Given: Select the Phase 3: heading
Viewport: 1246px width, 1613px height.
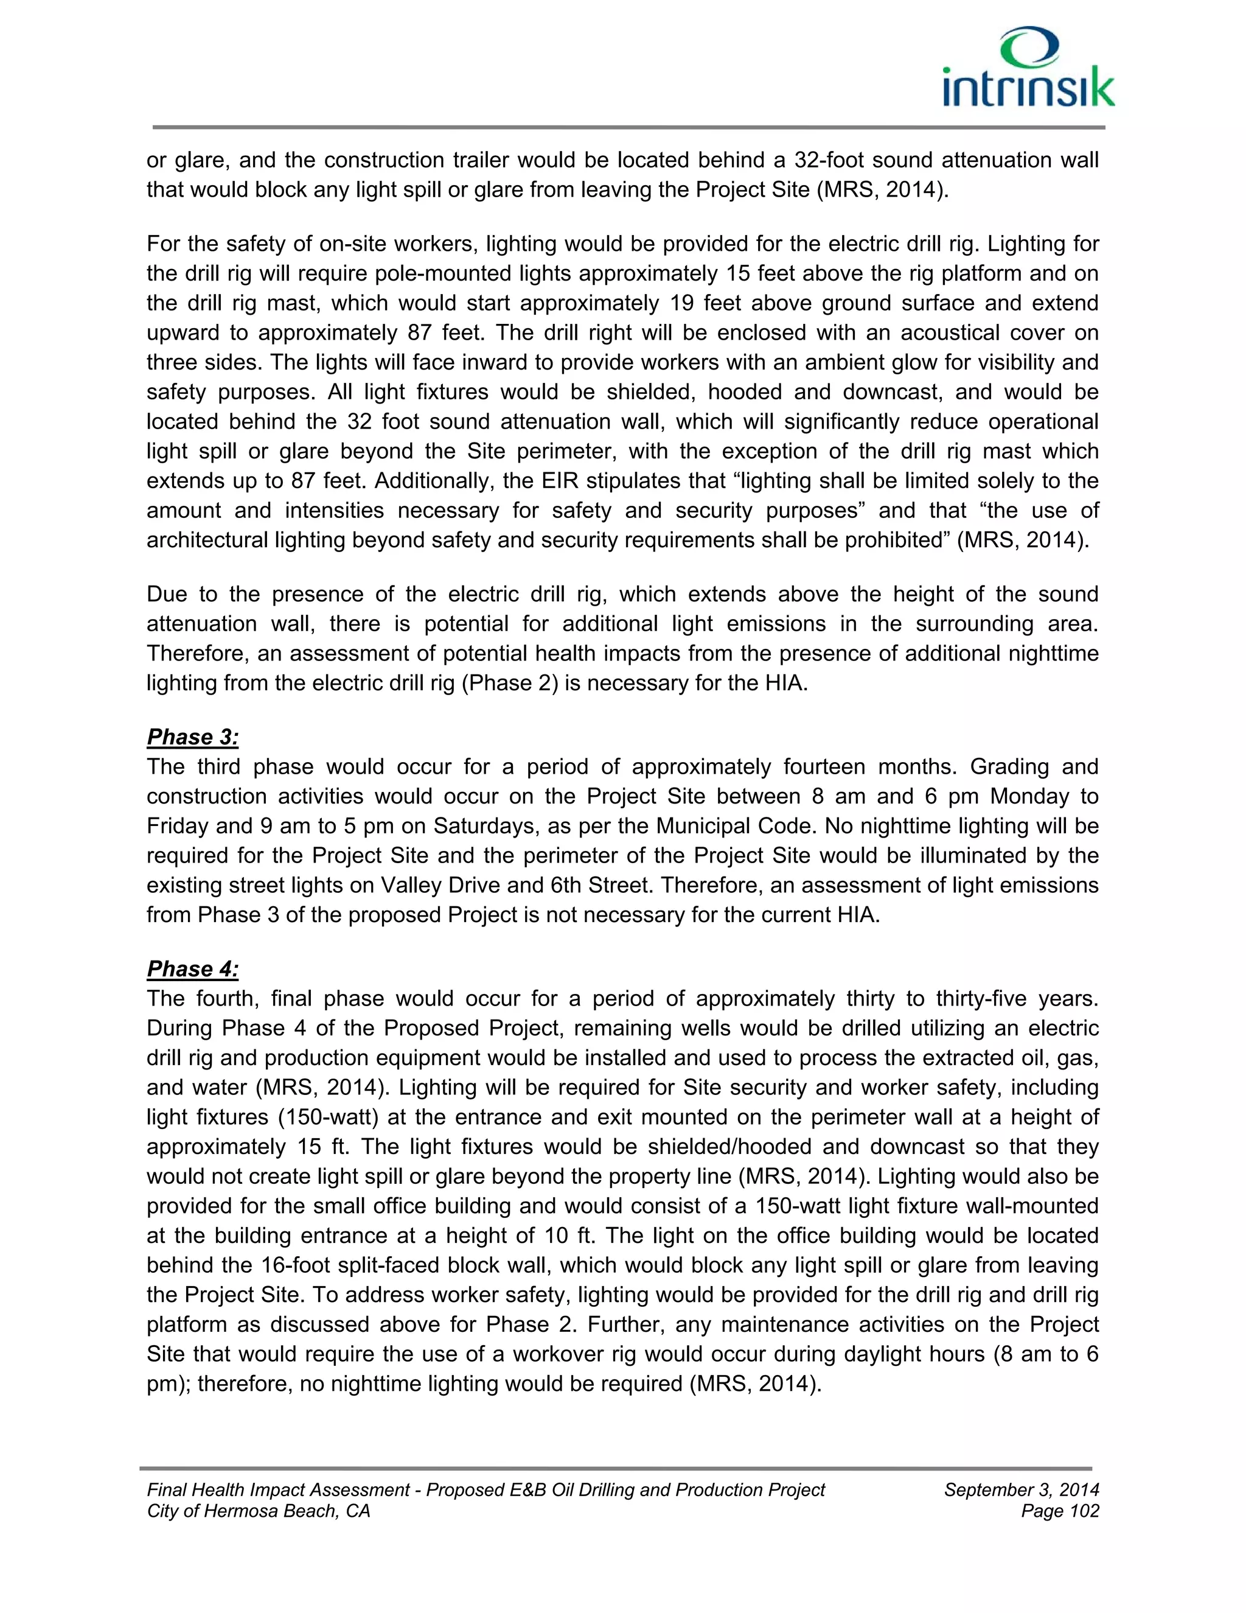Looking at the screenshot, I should [x=193, y=737].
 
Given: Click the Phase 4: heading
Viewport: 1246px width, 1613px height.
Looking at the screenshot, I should [x=193, y=968].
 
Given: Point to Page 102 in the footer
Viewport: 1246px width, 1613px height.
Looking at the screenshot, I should [x=1060, y=1511].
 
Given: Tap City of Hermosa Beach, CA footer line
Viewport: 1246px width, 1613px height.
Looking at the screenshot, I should [x=259, y=1511].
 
